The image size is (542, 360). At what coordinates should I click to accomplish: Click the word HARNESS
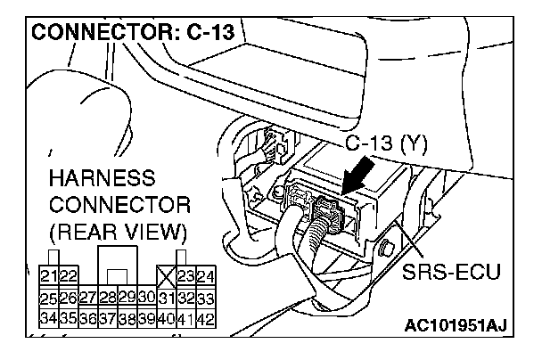[x=102, y=176]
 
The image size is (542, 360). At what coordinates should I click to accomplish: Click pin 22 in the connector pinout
[x=69, y=277]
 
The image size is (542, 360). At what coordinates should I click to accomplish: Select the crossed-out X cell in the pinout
[x=166, y=277]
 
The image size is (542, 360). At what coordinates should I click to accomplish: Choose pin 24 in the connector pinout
[x=205, y=277]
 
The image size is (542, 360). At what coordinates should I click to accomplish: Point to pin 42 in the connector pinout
[x=205, y=316]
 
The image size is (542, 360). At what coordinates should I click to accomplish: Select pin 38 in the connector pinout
[x=127, y=316]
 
